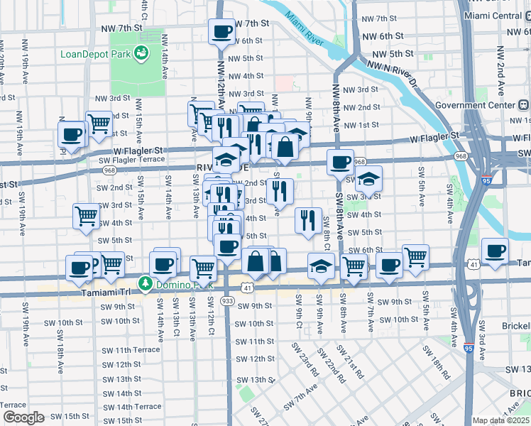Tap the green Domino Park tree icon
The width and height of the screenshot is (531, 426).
click(146, 284)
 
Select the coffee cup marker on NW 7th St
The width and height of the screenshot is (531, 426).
click(221, 32)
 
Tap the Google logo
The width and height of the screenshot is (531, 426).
click(24, 417)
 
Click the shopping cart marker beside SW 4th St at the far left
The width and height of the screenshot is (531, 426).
click(86, 216)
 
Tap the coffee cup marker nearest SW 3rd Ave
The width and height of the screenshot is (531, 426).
click(495, 251)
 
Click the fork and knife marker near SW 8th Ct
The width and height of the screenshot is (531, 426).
click(308, 220)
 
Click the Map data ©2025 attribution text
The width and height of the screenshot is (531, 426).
click(501, 420)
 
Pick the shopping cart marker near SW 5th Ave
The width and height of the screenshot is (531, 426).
click(415, 257)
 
